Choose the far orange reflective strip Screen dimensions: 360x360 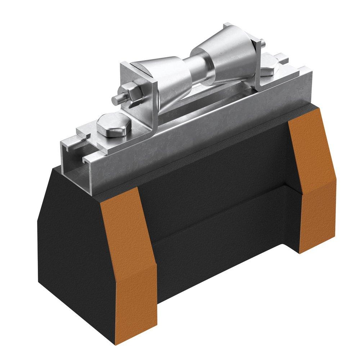(310, 180)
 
